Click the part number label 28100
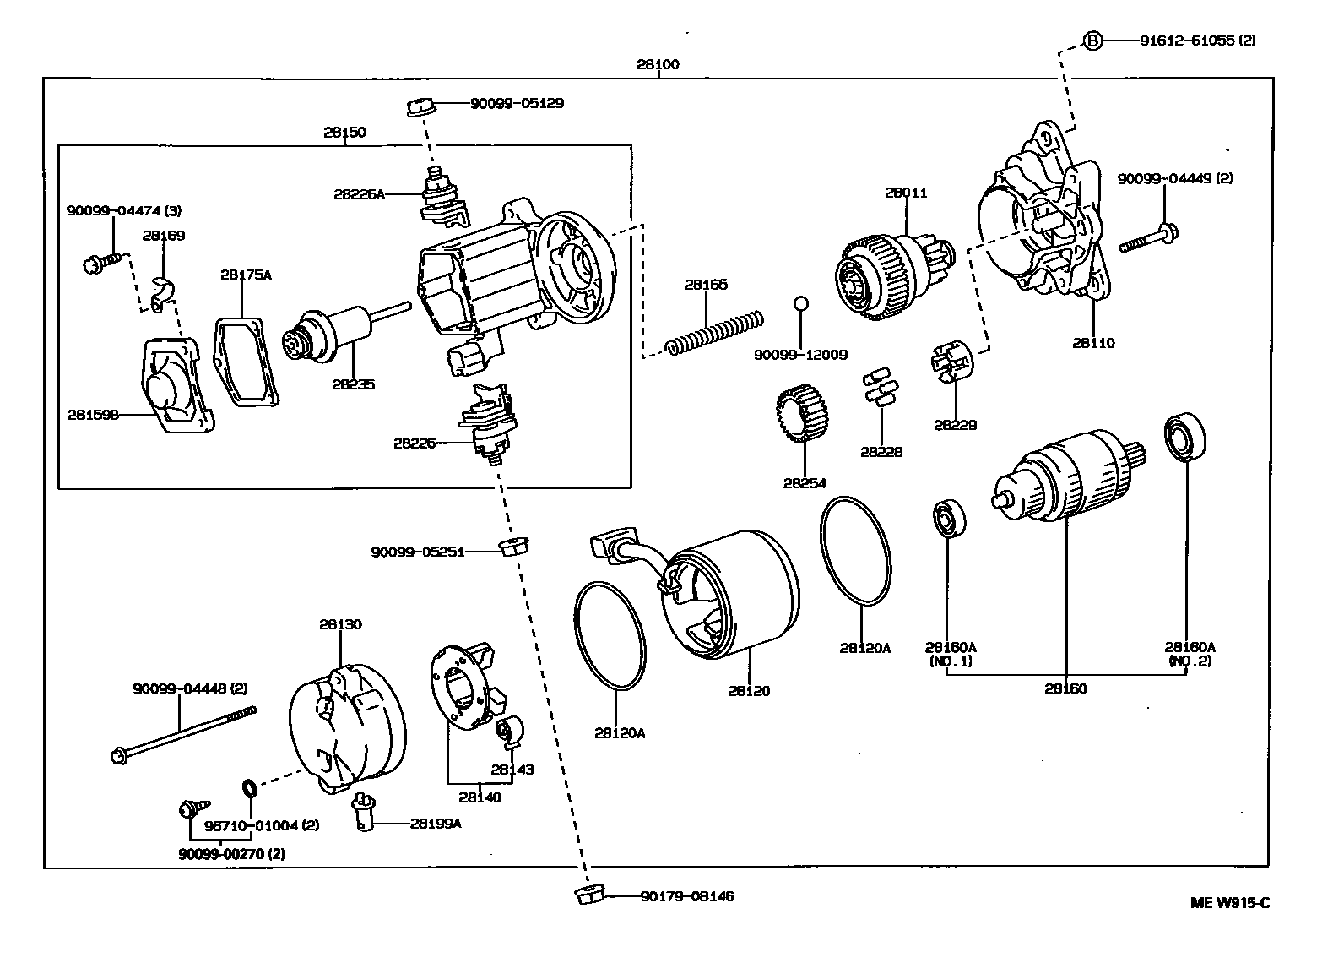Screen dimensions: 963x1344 658,64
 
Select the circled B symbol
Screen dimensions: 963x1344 1092,40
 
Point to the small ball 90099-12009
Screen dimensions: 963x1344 802,302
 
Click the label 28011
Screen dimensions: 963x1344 906,193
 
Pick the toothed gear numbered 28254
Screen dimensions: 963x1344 801,413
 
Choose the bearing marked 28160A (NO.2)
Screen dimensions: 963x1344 1185,438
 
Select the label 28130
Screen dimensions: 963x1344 340,624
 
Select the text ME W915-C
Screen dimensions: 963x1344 1229,902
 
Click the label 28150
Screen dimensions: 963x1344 344,132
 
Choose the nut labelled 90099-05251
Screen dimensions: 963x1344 509,546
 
